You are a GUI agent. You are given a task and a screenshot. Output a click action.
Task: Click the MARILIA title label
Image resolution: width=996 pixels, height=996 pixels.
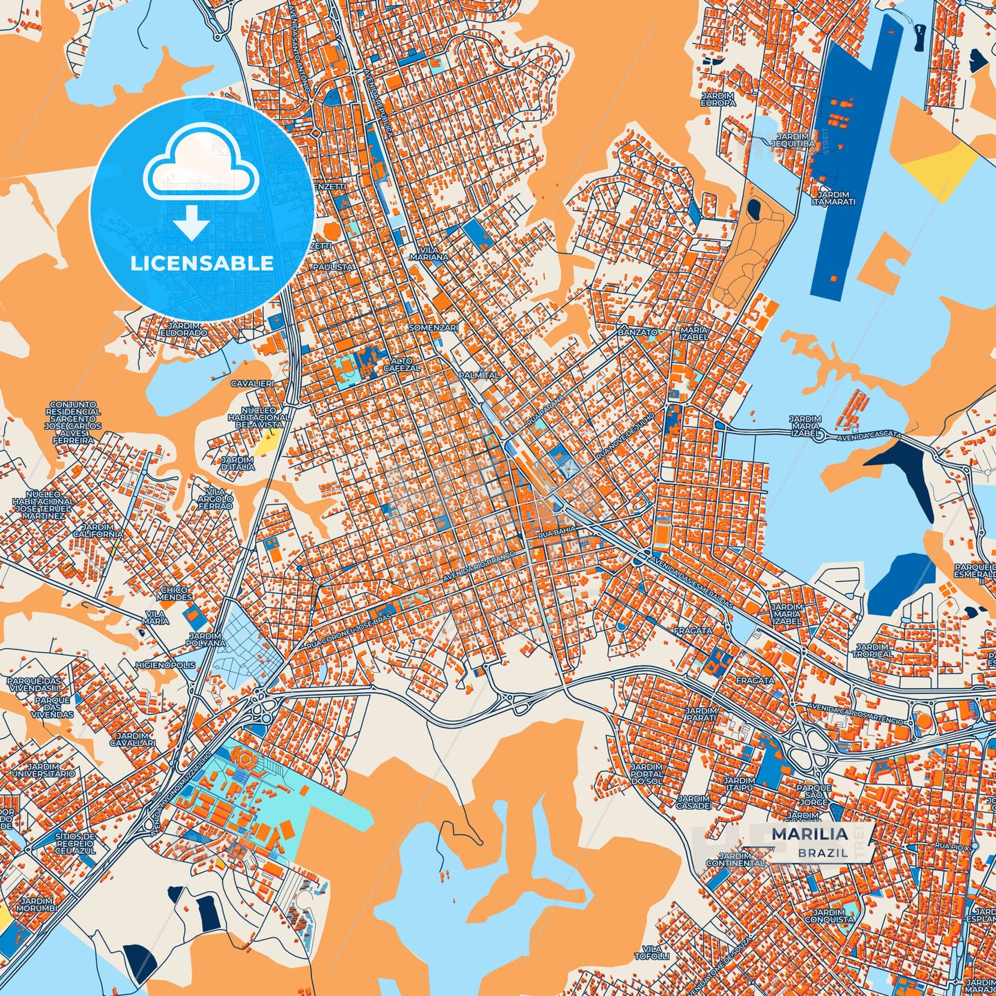[x=809, y=834]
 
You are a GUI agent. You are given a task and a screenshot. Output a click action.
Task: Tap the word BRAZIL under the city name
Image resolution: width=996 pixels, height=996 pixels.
[x=823, y=853]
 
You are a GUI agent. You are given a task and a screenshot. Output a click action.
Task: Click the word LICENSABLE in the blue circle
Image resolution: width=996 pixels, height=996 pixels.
[x=202, y=263]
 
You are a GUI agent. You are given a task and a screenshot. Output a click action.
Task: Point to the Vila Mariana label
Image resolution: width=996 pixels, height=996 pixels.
[x=429, y=253]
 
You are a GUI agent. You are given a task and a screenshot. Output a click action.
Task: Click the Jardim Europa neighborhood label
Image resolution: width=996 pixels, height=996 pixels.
[x=718, y=99]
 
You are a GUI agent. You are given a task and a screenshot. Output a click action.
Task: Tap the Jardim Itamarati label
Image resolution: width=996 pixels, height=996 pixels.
[x=833, y=199]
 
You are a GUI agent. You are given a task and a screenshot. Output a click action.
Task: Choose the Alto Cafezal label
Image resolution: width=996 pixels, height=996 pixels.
[x=402, y=365]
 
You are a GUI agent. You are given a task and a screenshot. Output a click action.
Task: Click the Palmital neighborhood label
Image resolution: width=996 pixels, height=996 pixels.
[x=479, y=376]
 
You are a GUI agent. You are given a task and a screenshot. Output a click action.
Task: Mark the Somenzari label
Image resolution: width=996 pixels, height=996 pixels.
[x=433, y=328]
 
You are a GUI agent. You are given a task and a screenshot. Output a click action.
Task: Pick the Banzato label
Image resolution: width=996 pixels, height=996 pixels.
[x=637, y=332]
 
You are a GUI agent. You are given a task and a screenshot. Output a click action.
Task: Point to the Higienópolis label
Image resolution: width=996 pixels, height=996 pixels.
[x=165, y=666]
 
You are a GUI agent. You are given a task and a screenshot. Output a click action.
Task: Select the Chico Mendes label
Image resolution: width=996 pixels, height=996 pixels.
[x=175, y=593]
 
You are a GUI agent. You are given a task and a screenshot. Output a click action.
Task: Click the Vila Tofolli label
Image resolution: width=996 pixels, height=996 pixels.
[x=651, y=953]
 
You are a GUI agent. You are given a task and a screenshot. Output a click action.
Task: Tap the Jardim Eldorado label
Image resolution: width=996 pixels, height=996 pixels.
[x=183, y=329]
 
